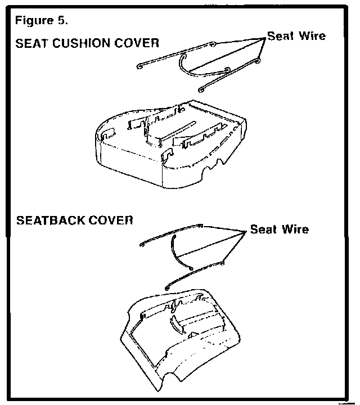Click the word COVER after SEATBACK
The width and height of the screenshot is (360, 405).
click(112, 219)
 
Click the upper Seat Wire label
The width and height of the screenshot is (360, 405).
click(296, 36)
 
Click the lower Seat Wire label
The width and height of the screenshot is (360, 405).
click(279, 229)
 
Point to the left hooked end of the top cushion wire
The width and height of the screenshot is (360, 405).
click(139, 67)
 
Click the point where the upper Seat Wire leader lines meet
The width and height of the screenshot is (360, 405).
click(264, 38)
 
